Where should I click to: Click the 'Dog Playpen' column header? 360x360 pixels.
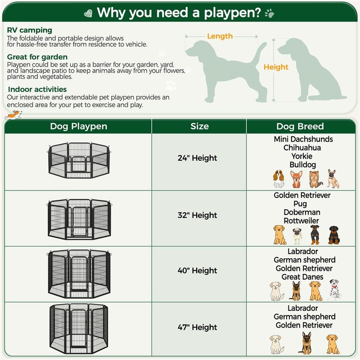(78, 126)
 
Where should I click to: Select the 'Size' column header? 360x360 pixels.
(199, 126)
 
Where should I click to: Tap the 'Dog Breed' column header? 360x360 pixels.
(300, 126)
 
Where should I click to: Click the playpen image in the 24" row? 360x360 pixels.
(78, 160)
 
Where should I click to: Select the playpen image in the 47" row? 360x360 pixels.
(78, 329)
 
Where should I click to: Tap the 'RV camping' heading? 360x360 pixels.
(30, 30)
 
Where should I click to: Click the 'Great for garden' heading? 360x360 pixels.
(37, 57)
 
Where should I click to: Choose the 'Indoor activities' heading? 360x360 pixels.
(37, 90)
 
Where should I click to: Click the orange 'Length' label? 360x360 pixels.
(220, 36)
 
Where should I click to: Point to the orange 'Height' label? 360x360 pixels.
(276, 67)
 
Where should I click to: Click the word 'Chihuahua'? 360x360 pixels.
(302, 148)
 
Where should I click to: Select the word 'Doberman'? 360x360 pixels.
(302, 212)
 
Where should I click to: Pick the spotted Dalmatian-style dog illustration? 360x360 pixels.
(333, 290)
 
